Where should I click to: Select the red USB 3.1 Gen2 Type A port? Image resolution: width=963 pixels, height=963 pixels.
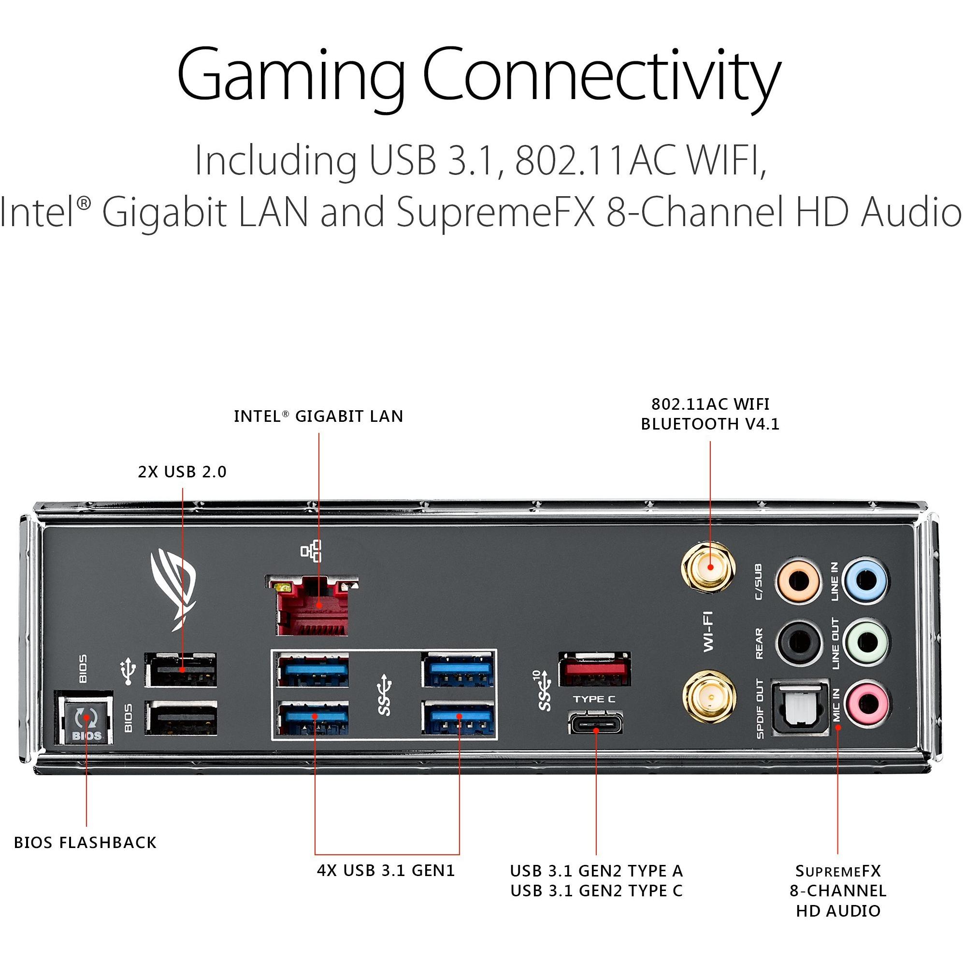pyautogui.click(x=594, y=669)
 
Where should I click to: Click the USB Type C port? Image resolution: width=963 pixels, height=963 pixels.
pyautogui.click(x=596, y=723)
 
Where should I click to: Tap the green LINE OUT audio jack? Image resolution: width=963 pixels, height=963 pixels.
pyautogui.click(x=866, y=642)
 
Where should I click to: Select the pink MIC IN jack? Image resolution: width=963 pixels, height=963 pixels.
pyautogui.click(x=866, y=704)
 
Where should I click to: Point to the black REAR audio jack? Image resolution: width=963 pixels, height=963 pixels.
pyautogui.click(x=798, y=642)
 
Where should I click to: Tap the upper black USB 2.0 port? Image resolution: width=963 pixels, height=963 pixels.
pyautogui.click(x=181, y=670)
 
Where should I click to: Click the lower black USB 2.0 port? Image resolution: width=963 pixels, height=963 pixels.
pyautogui.click(x=181, y=718)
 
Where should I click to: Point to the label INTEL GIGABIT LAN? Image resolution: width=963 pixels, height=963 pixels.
pyautogui.click(x=318, y=416)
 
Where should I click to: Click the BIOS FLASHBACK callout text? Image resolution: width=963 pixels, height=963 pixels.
pyautogui.click(x=85, y=842)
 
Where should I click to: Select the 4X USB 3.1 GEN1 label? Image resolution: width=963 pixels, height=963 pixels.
pyautogui.click(x=386, y=870)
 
